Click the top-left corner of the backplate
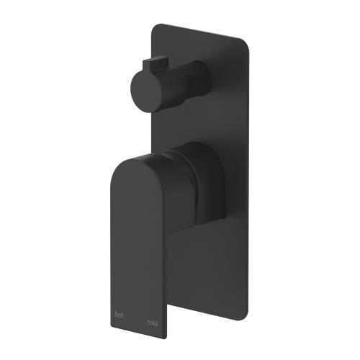[153, 26]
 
